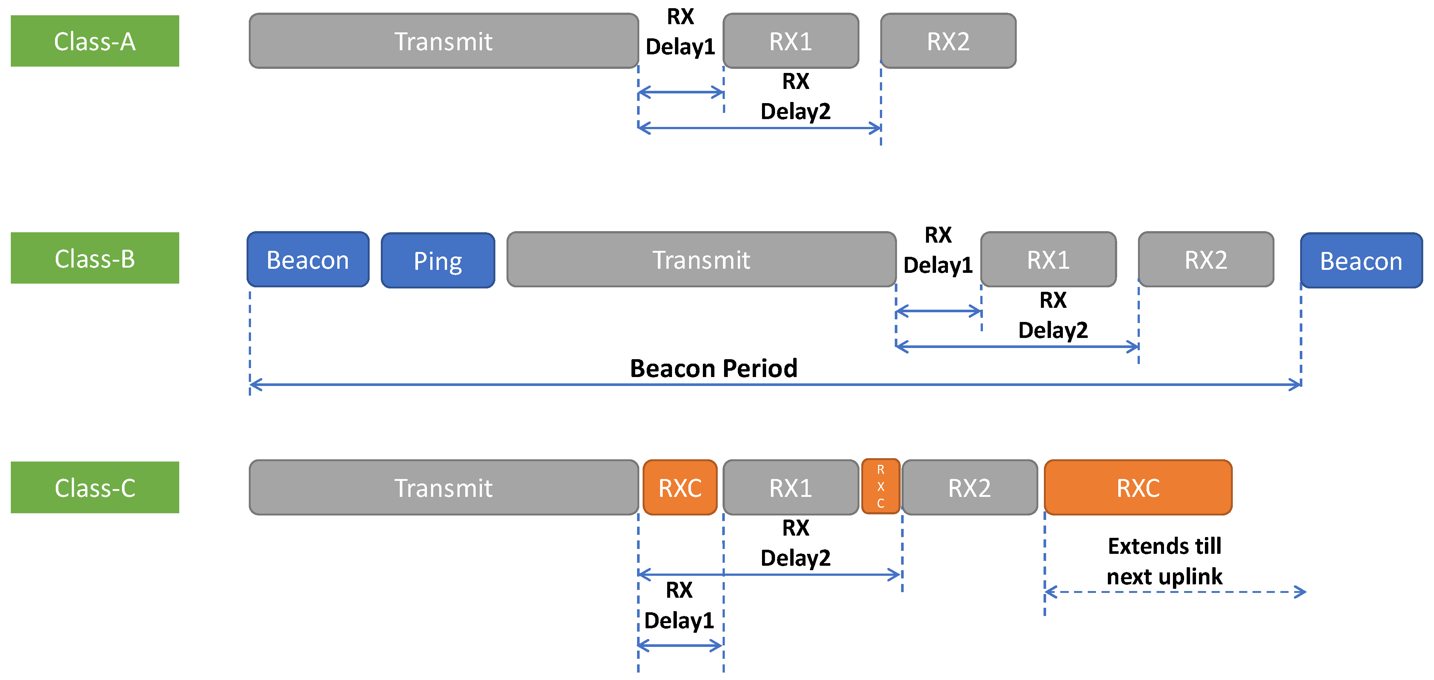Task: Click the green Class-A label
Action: (94, 41)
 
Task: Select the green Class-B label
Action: (94, 258)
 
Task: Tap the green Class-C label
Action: (94, 488)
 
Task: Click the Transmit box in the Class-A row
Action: (443, 41)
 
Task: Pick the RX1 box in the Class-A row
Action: (791, 41)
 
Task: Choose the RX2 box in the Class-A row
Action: (948, 41)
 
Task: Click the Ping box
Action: (438, 261)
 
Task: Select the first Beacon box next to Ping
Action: (308, 260)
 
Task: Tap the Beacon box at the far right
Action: (1361, 261)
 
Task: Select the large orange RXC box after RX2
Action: (1138, 488)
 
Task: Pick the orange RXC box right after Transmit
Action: (680, 488)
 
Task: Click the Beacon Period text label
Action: (714, 368)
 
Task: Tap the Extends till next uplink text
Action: (1165, 561)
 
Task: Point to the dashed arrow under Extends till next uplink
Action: (1174, 592)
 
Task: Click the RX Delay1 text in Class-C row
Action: (679, 605)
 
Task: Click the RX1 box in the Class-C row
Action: (791, 488)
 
